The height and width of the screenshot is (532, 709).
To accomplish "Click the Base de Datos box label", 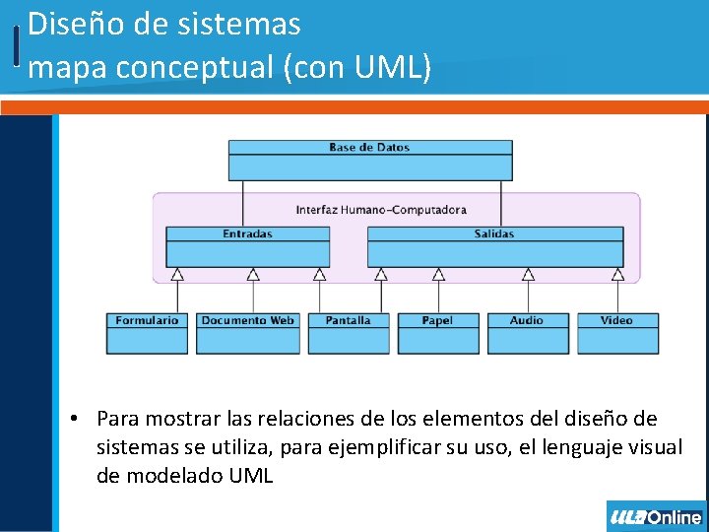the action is click(369, 148).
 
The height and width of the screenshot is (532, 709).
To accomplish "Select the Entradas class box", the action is click(247, 246).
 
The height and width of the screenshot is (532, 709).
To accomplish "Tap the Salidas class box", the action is click(494, 246).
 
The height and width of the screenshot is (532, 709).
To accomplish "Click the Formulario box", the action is click(147, 332).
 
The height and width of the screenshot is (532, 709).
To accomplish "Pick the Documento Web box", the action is click(247, 332).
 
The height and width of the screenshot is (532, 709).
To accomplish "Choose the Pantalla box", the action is click(348, 332).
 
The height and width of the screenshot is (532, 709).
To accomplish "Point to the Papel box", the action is click(437, 332).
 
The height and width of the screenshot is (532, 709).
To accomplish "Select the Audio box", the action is click(527, 332).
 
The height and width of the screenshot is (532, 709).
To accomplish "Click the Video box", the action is click(616, 332).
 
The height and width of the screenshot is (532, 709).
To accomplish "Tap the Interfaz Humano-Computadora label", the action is click(381, 210).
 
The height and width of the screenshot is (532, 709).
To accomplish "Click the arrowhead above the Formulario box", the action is click(177, 275).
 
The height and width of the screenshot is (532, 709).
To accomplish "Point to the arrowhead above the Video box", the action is click(617, 275).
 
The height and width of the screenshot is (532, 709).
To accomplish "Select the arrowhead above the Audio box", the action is click(528, 275).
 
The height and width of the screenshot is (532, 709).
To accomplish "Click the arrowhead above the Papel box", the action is click(439, 275).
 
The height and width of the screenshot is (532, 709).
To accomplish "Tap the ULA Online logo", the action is click(656, 517).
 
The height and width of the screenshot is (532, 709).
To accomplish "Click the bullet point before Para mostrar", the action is click(74, 418).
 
